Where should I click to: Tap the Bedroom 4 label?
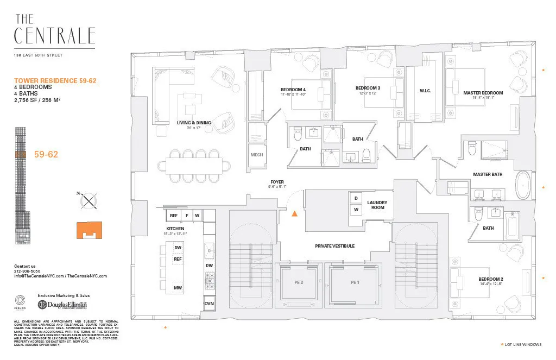tap(293, 90)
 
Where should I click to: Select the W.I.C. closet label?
tap(425, 91)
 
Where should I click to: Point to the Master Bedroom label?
tap(483, 93)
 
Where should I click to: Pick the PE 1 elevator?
tap(355, 283)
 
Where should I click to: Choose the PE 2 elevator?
tap(298, 283)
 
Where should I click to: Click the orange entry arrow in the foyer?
tap(295, 214)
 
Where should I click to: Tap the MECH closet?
tap(256, 155)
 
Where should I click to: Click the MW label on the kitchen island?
tap(178, 288)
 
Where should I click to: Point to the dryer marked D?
tap(356, 198)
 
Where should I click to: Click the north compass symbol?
tap(87, 201)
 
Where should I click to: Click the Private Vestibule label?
tap(334, 246)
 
